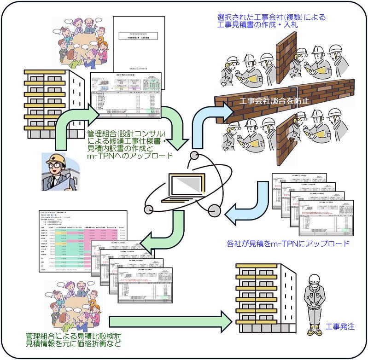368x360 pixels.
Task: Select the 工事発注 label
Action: pos(340,327)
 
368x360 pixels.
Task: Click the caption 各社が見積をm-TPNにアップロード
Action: pos(288,243)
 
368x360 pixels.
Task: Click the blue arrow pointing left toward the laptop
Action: pos(249,203)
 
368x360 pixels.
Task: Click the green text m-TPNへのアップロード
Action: pos(130,156)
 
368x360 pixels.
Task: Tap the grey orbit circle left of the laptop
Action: pos(149,209)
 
